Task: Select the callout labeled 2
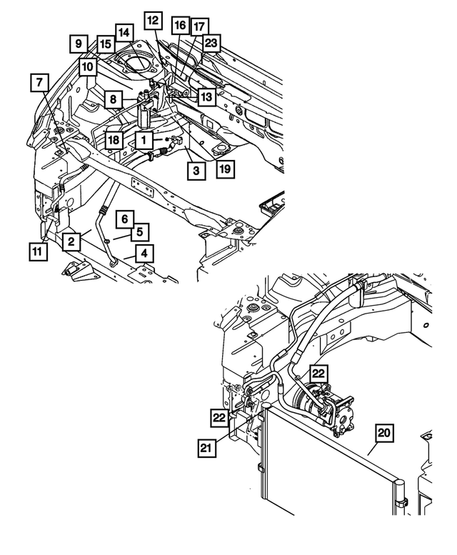(x=71, y=242)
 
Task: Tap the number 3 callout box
(x=194, y=170)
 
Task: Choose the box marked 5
(x=140, y=231)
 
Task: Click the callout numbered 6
(x=124, y=218)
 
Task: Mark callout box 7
(x=39, y=83)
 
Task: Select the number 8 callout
(x=113, y=100)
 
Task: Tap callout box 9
(x=79, y=44)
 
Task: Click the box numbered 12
(x=152, y=21)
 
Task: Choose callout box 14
(x=124, y=32)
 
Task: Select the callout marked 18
(x=113, y=139)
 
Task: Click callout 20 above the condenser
(x=383, y=433)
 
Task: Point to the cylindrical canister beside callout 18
(x=145, y=114)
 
